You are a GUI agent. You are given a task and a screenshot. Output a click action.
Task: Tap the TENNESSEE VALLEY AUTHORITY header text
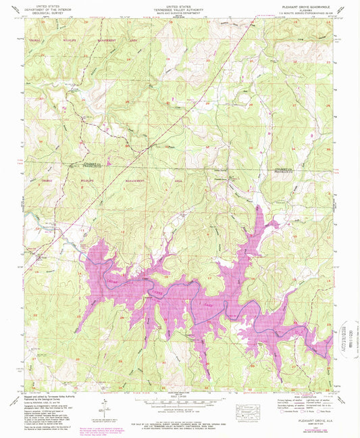click(179, 7)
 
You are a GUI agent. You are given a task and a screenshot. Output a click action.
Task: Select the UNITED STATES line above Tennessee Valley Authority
click(179, 3)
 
